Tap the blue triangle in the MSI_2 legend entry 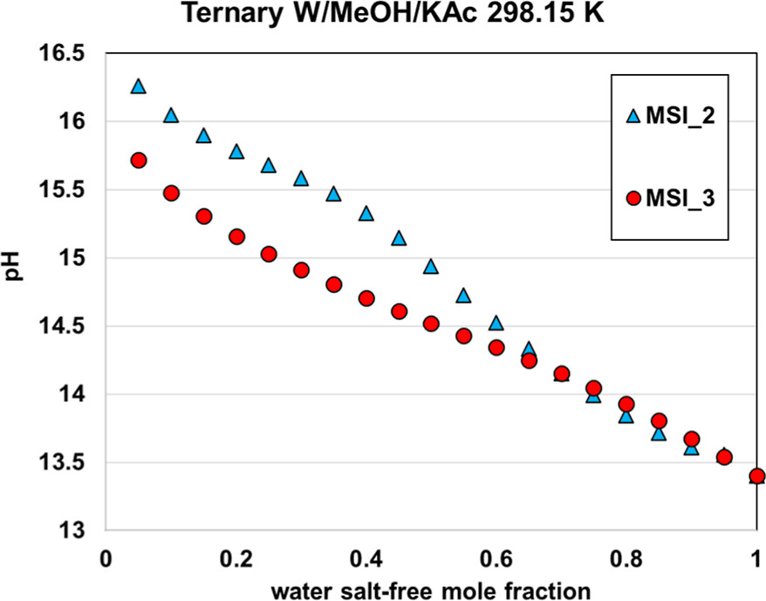634,115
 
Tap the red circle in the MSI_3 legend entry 634,197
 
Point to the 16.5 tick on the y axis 65,53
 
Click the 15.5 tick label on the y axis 65,190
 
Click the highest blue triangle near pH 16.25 138,86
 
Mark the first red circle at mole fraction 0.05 138,160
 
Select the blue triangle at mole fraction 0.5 431,267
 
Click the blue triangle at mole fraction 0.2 236,152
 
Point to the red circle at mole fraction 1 756,476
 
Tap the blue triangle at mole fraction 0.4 366,214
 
